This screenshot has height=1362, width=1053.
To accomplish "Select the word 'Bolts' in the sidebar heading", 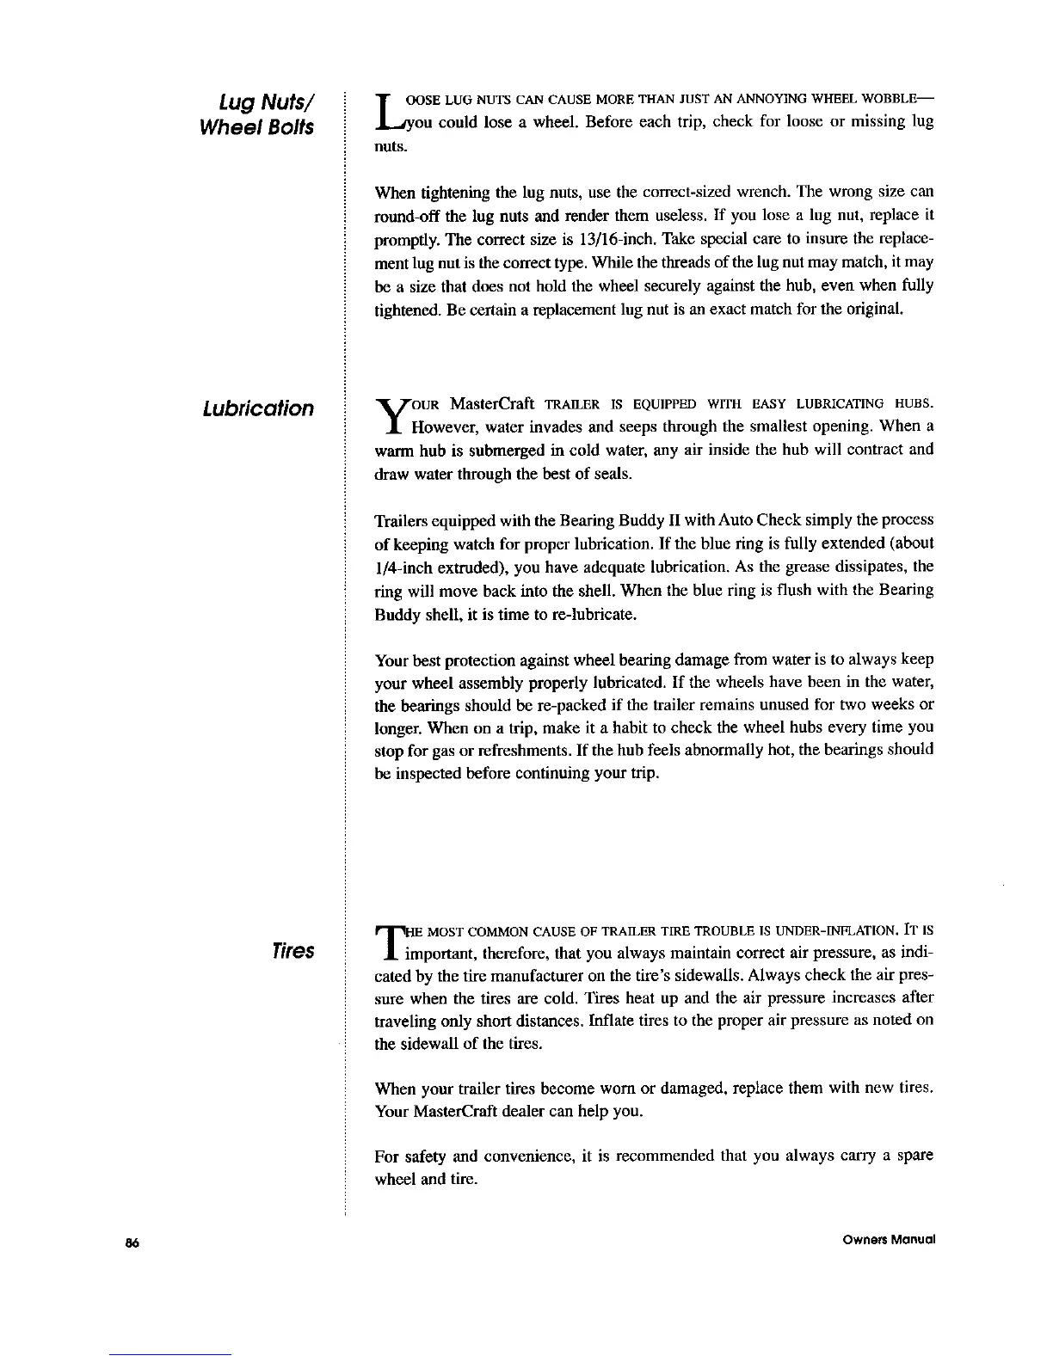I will point(286,127).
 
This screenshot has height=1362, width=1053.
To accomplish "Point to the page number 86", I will point(132,1240).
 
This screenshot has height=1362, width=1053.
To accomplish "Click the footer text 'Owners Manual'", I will point(890,1240).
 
